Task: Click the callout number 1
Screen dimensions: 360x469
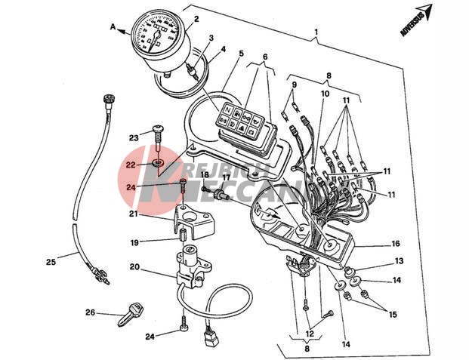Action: tap(317, 34)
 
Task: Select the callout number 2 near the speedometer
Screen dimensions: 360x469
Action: tap(196, 19)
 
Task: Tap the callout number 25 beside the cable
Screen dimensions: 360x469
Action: tap(51, 263)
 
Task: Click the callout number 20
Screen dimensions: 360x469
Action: tap(134, 266)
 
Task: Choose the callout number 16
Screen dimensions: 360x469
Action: tap(395, 245)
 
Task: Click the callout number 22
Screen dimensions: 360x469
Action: tap(131, 164)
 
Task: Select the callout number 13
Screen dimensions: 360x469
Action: tap(400, 260)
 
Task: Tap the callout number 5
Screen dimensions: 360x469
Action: tap(240, 54)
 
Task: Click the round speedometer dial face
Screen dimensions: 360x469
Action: tap(158, 38)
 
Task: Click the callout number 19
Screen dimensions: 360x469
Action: tap(134, 243)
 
